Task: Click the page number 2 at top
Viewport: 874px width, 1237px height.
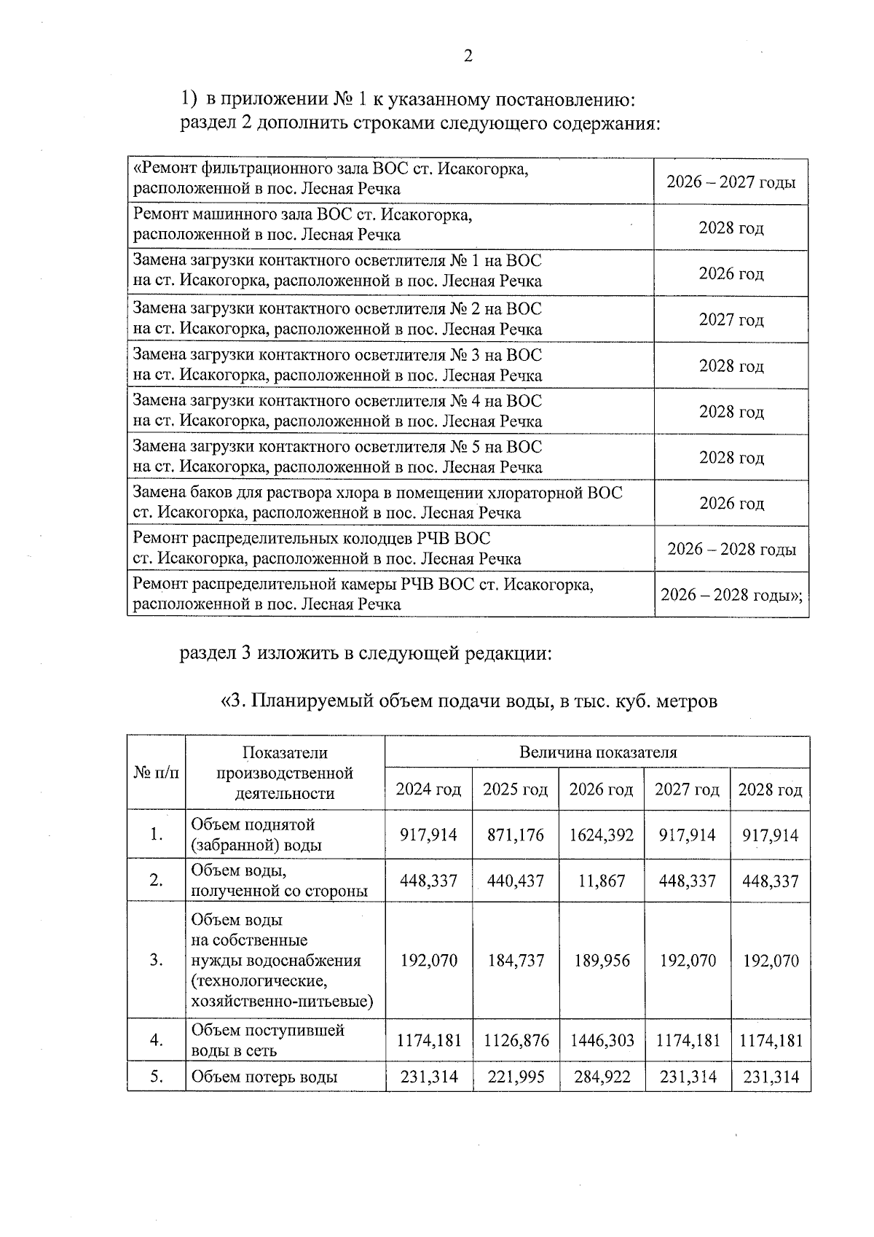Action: click(x=468, y=56)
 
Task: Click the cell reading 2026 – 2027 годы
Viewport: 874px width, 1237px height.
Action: click(x=731, y=182)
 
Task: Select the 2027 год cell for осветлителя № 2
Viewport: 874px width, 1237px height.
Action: click(x=731, y=319)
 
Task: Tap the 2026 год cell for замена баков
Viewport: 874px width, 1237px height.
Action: click(x=731, y=503)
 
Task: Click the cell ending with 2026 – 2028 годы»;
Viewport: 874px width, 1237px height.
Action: click(x=731, y=595)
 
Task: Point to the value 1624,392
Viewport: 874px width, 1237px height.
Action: click(x=602, y=835)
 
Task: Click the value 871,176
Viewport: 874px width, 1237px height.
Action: click(x=516, y=835)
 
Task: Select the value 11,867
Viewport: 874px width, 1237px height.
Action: click(x=602, y=881)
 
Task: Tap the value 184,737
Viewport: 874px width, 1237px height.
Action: click(x=516, y=960)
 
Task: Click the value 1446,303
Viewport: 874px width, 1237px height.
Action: click(x=602, y=1040)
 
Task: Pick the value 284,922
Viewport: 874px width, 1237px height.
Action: click(x=602, y=1077)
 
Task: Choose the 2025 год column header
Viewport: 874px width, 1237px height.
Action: click(x=516, y=789)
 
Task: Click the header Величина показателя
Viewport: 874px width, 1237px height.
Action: click(x=597, y=752)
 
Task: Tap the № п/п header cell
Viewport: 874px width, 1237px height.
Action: click(x=156, y=773)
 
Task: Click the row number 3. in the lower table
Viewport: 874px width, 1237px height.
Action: click(x=156, y=960)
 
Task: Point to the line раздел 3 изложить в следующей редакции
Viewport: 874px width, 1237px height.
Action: click(x=366, y=653)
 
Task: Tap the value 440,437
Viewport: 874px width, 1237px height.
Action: click(x=516, y=881)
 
